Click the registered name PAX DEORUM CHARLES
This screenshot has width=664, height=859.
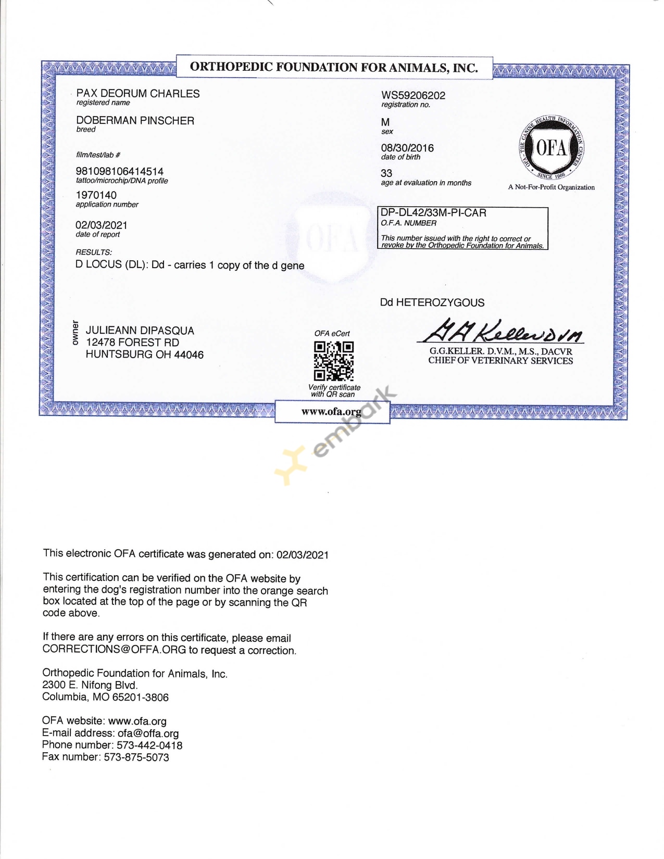[x=138, y=94]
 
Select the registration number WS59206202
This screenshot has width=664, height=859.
[x=413, y=95]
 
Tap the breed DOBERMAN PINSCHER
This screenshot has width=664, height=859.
[x=135, y=121]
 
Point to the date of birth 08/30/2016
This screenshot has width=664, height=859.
[x=407, y=148]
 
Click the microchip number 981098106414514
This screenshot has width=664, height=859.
[x=120, y=171]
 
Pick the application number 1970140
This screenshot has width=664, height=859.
[x=96, y=195]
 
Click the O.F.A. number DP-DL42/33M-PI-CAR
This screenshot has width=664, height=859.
[x=433, y=213]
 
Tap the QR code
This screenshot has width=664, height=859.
[x=334, y=361]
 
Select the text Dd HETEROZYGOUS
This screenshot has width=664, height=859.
[x=432, y=302]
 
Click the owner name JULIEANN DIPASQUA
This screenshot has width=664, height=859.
[x=140, y=331]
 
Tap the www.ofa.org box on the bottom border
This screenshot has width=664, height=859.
[x=332, y=412]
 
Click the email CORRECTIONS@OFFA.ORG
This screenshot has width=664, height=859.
[x=114, y=650]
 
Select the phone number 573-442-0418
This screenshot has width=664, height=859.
[x=149, y=746]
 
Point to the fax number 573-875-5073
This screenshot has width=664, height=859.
[x=136, y=757]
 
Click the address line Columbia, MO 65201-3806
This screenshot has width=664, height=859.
[x=105, y=697]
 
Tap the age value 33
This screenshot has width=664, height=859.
[x=386, y=173]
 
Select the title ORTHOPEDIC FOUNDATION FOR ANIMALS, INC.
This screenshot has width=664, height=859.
[x=334, y=67]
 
